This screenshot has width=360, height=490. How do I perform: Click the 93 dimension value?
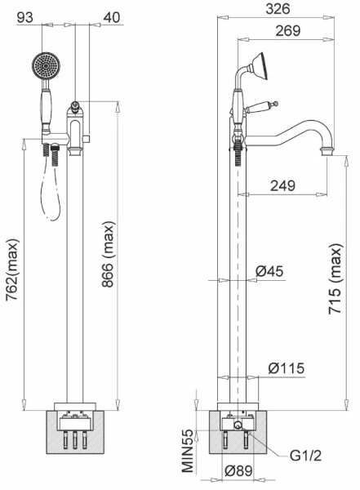pyautogui.click(x=24, y=17)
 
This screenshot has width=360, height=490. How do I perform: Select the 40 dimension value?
pyautogui.click(x=112, y=17)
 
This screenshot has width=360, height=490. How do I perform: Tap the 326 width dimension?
pyautogui.click(x=278, y=9)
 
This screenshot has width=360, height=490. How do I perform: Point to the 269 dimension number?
pyautogui.click(x=288, y=31)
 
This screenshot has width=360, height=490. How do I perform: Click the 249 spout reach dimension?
pyautogui.click(x=282, y=185)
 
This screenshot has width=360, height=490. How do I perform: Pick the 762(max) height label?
pyautogui.click(x=13, y=269)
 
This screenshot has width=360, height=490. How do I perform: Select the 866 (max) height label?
pyautogui.click(x=109, y=254)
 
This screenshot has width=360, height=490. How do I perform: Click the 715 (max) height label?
pyautogui.click(x=336, y=278)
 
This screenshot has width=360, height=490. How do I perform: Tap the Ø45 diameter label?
pyautogui.click(x=269, y=271)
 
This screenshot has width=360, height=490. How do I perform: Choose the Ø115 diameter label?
pyautogui.click(x=287, y=368)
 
